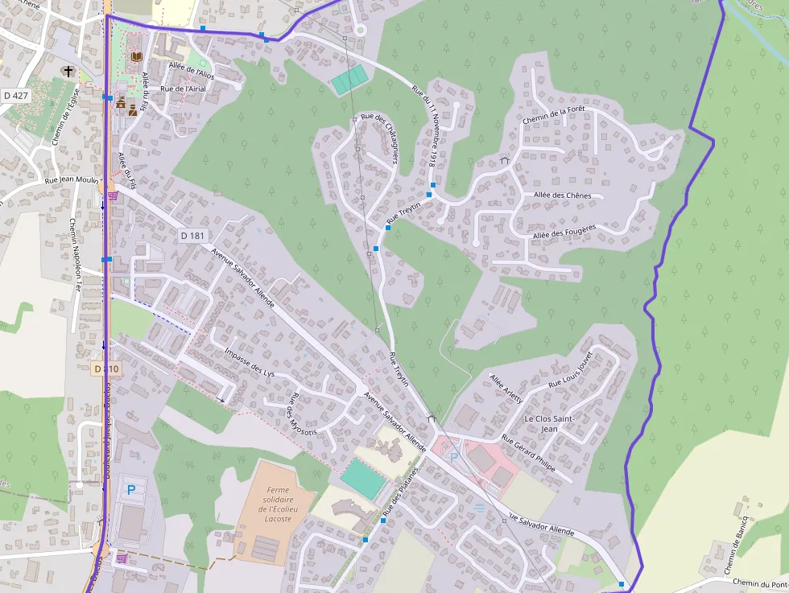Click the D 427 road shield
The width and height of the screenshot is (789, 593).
tap(15, 96)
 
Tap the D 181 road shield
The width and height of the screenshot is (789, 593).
tap(192, 236)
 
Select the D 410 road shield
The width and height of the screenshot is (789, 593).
tap(106, 369)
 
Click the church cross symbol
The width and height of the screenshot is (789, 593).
tap(68, 72)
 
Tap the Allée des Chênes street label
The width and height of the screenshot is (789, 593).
tap(562, 196)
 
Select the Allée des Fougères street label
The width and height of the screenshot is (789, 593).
tap(564, 232)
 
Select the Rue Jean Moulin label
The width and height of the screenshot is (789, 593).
tap(71, 182)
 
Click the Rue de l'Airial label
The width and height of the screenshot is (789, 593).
tap(184, 89)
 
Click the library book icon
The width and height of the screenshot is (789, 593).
tap(136, 56)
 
